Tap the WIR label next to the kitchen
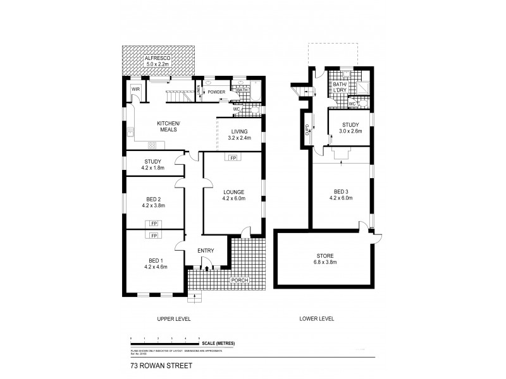tap(135, 90)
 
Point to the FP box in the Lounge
tap(233, 157)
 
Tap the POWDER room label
tap(217, 91)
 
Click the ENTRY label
tap(205, 251)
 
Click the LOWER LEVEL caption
tap(316, 319)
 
